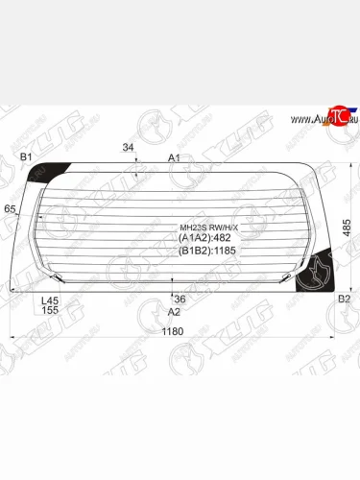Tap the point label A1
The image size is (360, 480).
(174, 157)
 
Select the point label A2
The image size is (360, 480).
(174, 311)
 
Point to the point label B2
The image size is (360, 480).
(344, 300)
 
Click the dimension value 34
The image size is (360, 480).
(129, 148)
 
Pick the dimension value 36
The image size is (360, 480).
(180, 299)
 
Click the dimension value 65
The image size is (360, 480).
(11, 209)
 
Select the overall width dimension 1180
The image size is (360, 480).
(172, 331)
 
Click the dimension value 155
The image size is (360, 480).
(50, 310)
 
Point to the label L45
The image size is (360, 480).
(50, 300)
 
